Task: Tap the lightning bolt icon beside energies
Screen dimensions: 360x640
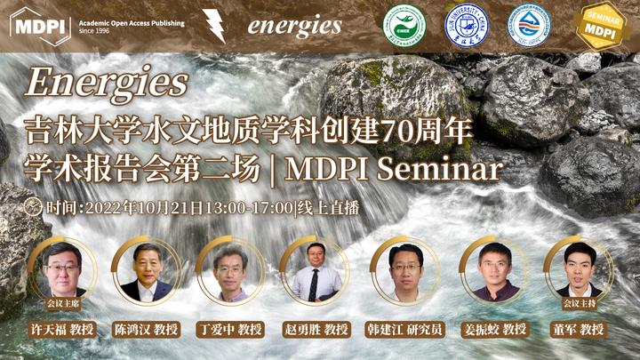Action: tap(213, 24)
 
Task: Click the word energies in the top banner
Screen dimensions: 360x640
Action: tap(294, 25)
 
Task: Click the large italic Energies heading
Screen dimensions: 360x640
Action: tap(106, 84)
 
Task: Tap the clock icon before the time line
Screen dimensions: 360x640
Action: tap(34, 208)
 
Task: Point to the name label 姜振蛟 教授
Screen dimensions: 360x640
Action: tap(495, 329)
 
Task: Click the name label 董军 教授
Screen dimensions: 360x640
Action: tap(579, 329)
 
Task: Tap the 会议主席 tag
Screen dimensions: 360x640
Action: tap(62, 302)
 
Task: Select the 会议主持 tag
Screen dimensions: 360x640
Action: tap(579, 302)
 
